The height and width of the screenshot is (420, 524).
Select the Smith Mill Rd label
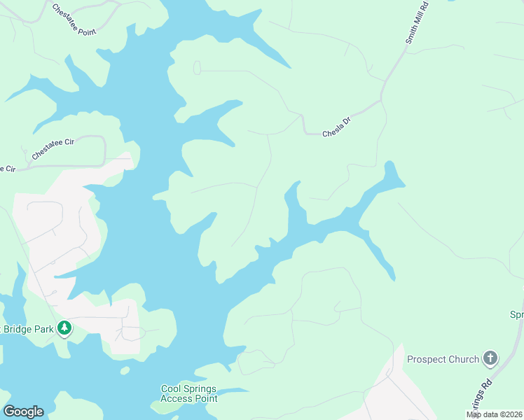418,23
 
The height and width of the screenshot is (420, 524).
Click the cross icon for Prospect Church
490,359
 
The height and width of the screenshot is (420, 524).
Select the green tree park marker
64,328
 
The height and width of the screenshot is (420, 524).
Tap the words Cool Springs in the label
189,388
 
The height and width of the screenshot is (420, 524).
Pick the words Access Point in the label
189,398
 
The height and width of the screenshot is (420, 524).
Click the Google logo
23,412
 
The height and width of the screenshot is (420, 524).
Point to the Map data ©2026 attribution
494,414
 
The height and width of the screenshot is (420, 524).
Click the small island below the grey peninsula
125,370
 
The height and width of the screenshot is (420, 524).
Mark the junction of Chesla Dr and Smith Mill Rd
382,100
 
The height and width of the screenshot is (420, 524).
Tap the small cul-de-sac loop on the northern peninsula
197,67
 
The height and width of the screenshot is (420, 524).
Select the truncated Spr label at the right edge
516,315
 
